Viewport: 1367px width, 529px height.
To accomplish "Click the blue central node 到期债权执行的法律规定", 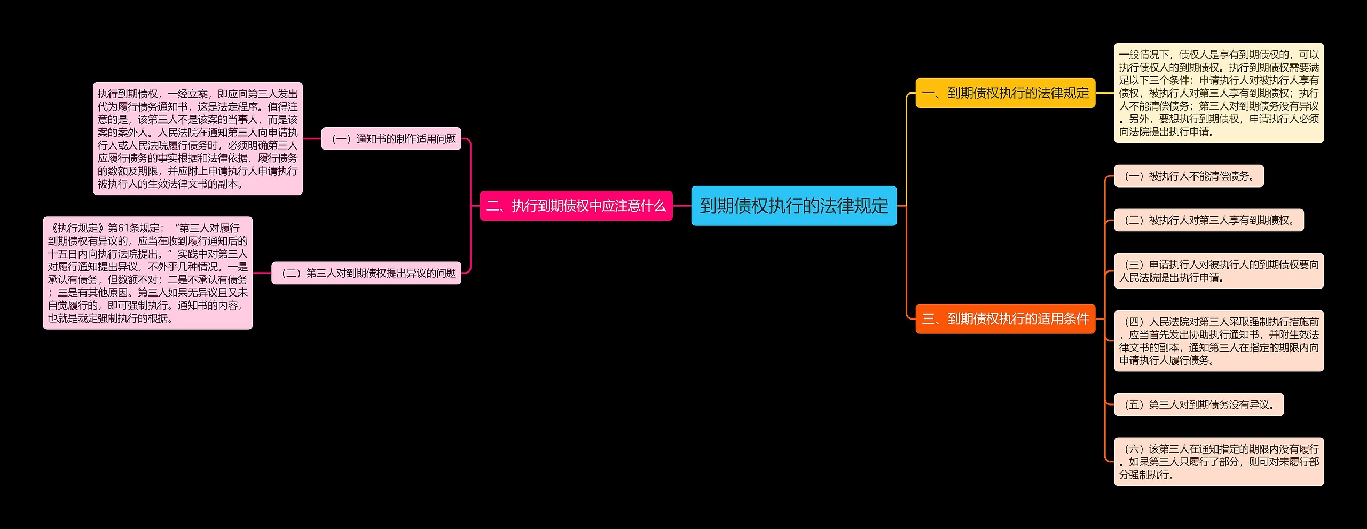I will click(x=794, y=206).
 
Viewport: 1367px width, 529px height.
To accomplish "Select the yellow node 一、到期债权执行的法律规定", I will click(x=1005, y=93).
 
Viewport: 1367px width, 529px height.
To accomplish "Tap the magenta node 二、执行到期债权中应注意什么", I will click(x=576, y=206).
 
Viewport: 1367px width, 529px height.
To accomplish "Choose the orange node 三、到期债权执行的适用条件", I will click(x=1005, y=319).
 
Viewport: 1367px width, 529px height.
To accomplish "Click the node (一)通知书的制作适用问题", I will click(x=391, y=139).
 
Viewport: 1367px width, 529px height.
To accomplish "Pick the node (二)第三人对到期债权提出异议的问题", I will click(x=366, y=273).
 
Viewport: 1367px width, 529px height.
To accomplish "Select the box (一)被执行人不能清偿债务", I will click(x=1189, y=176).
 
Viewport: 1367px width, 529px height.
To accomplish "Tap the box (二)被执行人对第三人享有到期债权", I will click(x=1208, y=220).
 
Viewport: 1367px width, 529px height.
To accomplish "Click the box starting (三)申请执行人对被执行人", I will click(x=1219, y=271).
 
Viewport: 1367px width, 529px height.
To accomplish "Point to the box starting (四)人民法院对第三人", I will click(x=1219, y=341).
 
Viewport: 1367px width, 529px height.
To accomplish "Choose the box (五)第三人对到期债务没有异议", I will click(x=1199, y=404).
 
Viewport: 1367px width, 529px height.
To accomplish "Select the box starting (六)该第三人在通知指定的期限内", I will click(x=1219, y=462).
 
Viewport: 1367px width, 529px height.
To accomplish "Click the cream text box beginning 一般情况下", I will click(x=1219, y=93).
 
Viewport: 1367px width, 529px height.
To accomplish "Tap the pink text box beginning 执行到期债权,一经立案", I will click(x=198, y=139).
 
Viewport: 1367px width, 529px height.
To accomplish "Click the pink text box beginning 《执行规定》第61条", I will click(x=147, y=273).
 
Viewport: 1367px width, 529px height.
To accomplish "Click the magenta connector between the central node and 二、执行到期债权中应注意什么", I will click(x=682, y=206).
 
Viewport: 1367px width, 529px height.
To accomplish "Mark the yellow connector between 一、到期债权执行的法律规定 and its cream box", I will click(x=1104, y=93).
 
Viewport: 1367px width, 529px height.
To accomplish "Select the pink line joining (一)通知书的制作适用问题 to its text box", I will click(x=312, y=139).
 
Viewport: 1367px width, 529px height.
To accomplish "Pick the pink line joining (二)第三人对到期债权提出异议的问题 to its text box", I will click(x=262, y=273).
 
